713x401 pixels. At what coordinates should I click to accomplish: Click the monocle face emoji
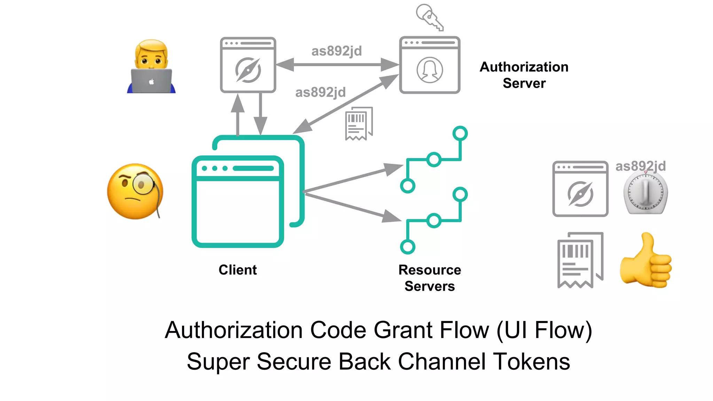pyautogui.click(x=135, y=191)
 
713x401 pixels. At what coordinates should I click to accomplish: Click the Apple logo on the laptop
pyautogui.click(x=151, y=82)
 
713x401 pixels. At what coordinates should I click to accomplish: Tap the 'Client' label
pyautogui.click(x=237, y=270)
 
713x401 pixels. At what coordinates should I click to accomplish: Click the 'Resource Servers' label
pyautogui.click(x=430, y=278)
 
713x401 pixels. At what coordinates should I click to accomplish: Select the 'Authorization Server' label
pyautogui.click(x=524, y=75)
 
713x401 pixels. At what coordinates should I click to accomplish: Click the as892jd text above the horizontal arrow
pyautogui.click(x=336, y=51)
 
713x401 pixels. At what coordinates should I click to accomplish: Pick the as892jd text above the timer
pyautogui.click(x=640, y=166)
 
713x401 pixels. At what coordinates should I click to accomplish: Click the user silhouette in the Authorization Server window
pyautogui.click(x=430, y=70)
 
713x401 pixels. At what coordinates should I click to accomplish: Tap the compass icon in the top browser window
pyautogui.click(x=248, y=70)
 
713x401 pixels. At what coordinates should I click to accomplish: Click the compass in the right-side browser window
pyautogui.click(x=580, y=194)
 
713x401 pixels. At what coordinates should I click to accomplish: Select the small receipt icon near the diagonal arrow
pyautogui.click(x=359, y=124)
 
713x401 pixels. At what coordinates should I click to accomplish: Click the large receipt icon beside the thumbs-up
pyautogui.click(x=580, y=260)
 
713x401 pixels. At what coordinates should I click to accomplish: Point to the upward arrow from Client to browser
pyautogui.click(x=238, y=115)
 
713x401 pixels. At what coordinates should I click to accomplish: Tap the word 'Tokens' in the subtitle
pyautogui.click(x=531, y=361)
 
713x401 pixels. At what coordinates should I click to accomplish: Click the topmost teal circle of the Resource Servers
pyautogui.click(x=460, y=133)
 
